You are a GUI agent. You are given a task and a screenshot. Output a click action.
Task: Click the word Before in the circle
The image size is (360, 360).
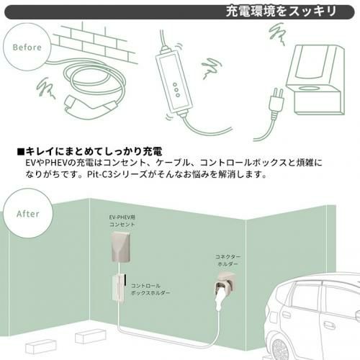pos(27,48)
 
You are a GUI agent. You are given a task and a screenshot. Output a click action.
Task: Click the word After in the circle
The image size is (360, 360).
pos(28,214)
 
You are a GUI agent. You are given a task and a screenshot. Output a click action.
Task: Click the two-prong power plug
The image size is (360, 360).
pos(277,103)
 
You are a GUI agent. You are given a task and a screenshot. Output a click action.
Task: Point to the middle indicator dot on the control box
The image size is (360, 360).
pos(176,90)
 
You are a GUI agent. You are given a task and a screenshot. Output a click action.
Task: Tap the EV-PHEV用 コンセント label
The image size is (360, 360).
pos(122,221)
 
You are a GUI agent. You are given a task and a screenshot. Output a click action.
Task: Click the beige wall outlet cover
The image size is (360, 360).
pos(121,247)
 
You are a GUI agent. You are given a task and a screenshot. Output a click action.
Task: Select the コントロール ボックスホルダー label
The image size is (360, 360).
pos(150,289)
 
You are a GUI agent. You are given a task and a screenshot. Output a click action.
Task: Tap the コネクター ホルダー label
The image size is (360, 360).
pos(228,260)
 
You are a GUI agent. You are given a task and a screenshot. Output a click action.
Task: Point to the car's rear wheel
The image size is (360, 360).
pos(280,348)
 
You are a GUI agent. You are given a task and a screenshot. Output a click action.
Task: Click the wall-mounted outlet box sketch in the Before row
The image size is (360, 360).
pos(315,80)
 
